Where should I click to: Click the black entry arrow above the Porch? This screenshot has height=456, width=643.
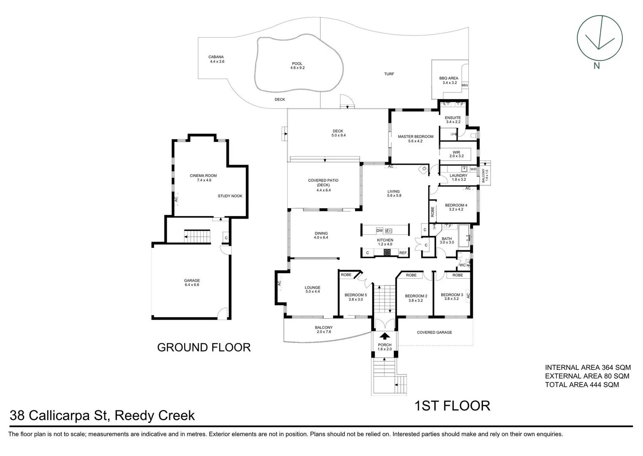(385, 336)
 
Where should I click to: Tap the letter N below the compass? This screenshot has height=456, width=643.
(597, 65)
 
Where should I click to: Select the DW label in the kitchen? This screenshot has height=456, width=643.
(379, 231)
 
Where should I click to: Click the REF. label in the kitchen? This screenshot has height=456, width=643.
(403, 253)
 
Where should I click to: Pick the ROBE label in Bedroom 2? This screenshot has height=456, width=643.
(411, 275)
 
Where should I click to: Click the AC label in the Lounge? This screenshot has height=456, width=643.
(279, 283)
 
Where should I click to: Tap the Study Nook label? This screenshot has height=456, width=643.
(230, 196)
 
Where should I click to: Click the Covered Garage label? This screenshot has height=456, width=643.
(434, 332)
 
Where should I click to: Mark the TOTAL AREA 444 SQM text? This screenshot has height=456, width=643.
(582, 385)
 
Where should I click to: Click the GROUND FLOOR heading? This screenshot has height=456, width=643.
(204, 347)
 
